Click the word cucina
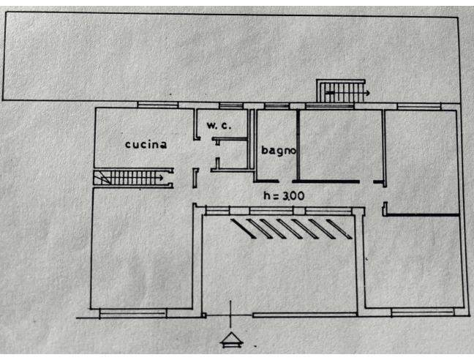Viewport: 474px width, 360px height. pyautogui.click(x=146, y=144)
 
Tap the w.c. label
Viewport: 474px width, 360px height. pyautogui.click(x=218, y=125)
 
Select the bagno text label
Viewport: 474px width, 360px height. pyautogui.click(x=279, y=151)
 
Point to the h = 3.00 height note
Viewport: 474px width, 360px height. pyautogui.click(x=284, y=195)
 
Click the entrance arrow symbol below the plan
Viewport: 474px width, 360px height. pyautogui.click(x=231, y=339)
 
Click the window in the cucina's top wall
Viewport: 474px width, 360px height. pyautogui.click(x=157, y=105)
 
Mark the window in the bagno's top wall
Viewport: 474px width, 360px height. pyautogui.click(x=276, y=107)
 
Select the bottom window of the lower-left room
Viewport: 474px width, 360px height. pyautogui.click(x=132, y=312)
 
